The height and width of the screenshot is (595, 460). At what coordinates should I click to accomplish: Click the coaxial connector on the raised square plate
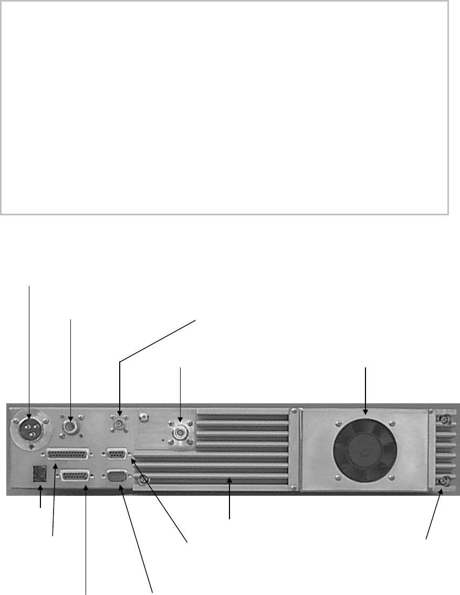pos(180,433)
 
